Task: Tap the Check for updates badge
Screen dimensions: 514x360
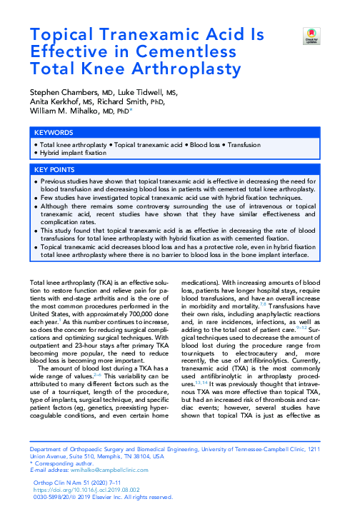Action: point(310,35)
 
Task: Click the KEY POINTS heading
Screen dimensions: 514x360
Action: point(55,170)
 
